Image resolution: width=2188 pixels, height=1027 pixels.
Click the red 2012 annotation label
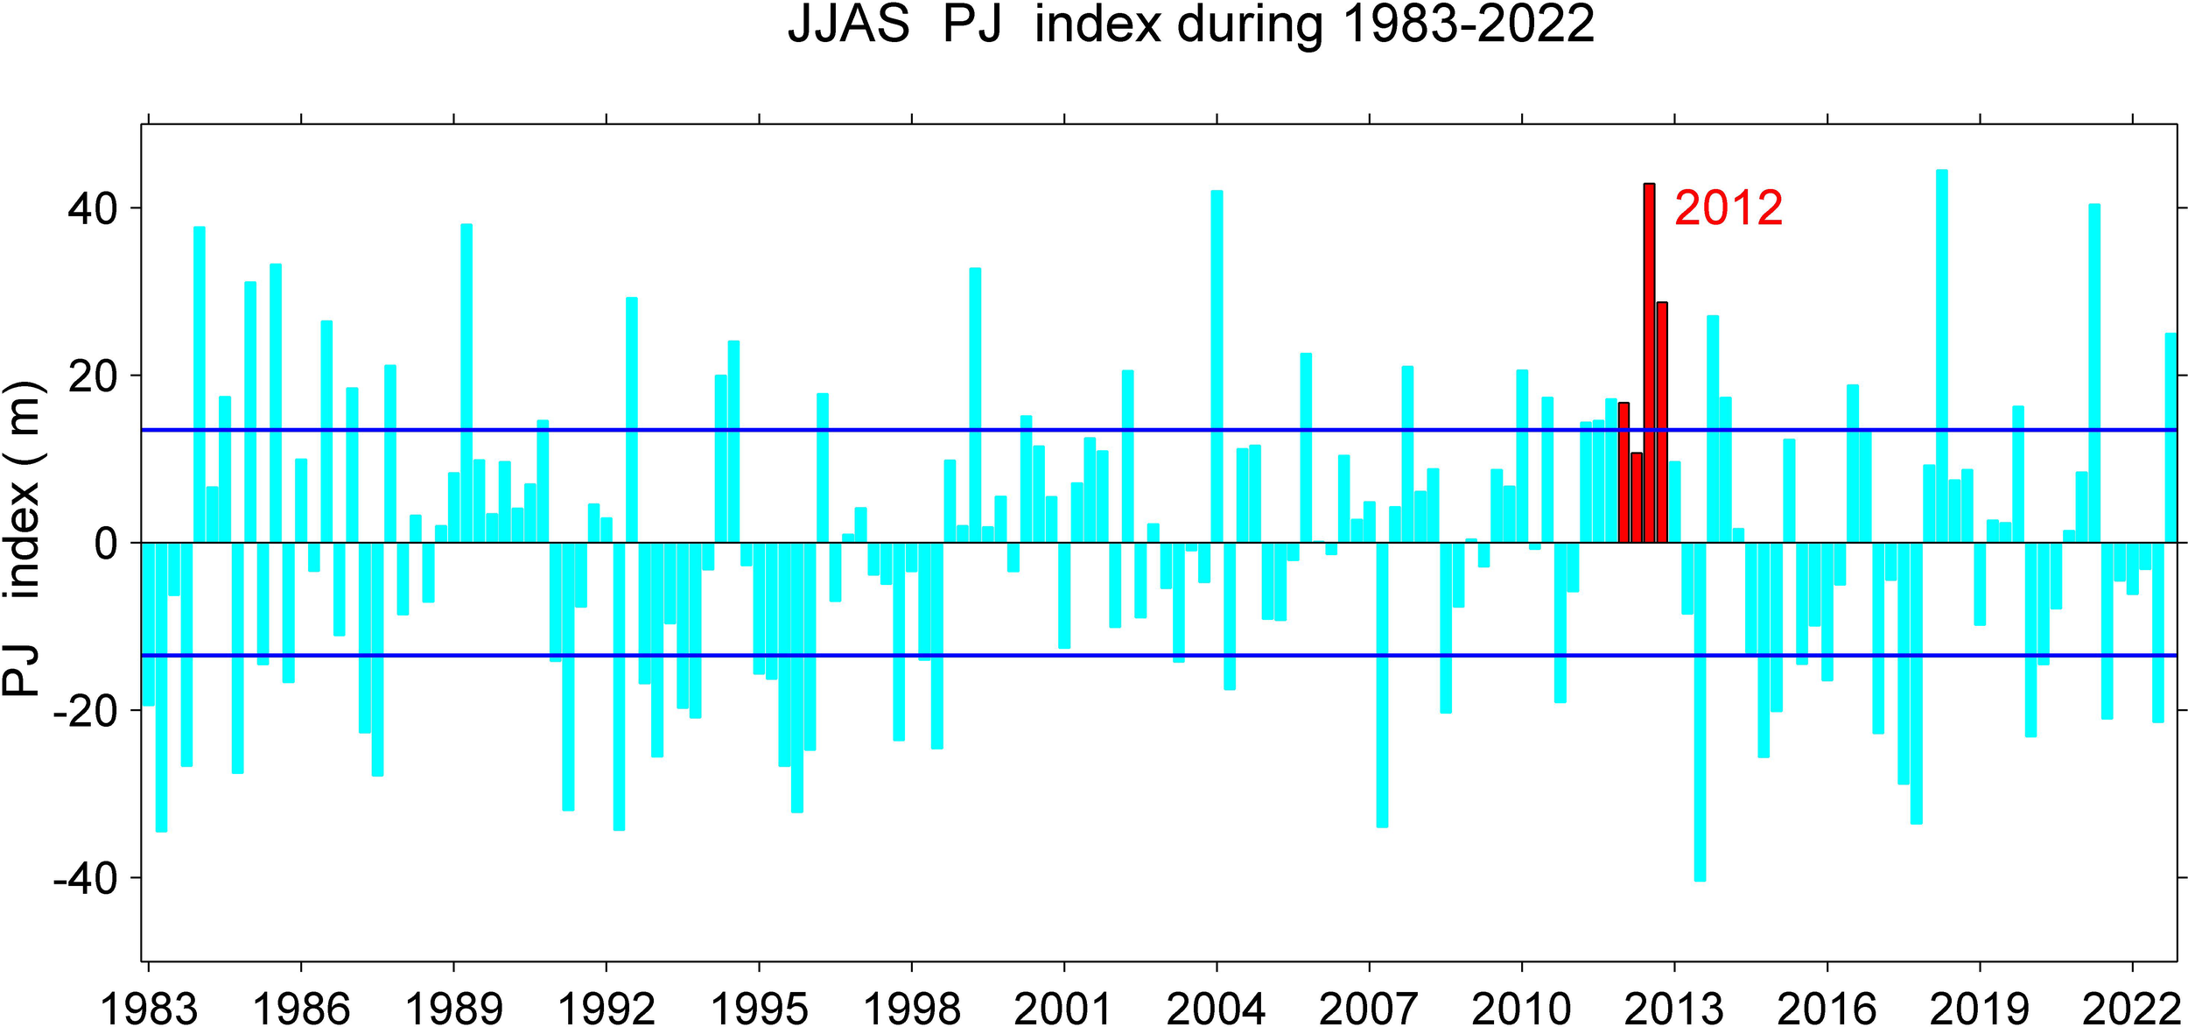click(1728, 208)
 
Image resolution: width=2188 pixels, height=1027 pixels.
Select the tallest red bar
click(1649, 362)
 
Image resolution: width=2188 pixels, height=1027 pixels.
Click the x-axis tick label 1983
click(149, 1009)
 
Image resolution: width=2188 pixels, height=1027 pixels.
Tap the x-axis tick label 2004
click(1216, 1009)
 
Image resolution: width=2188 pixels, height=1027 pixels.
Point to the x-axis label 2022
click(2130, 1009)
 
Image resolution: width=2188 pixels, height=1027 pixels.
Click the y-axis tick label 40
click(92, 209)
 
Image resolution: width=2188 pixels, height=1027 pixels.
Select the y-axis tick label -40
click(85, 879)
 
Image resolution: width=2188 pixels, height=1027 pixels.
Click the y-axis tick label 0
click(106, 545)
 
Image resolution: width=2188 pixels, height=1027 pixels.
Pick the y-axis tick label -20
click(85, 712)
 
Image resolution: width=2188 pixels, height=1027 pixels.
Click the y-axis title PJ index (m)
click(22, 538)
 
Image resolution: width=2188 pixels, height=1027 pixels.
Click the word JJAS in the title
click(848, 24)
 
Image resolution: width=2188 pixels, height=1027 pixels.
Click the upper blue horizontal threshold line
click(875, 430)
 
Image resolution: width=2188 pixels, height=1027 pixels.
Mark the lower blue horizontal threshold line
click(875, 655)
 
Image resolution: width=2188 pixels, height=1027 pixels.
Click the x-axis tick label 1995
click(759, 1009)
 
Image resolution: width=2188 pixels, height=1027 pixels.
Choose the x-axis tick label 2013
click(1673, 1009)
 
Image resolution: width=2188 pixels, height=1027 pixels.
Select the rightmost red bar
click(1662, 422)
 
